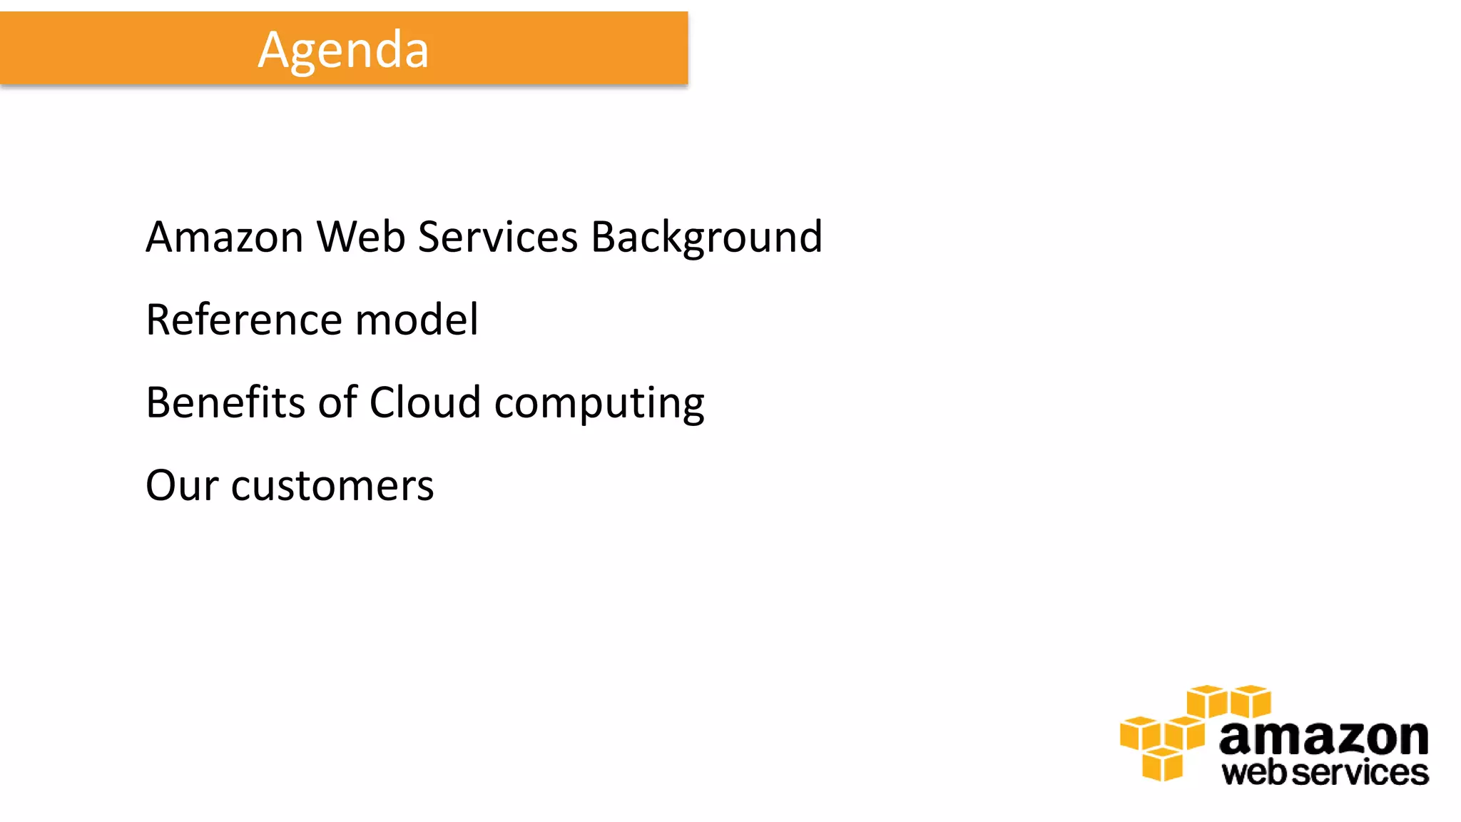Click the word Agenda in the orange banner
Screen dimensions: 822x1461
tap(343, 50)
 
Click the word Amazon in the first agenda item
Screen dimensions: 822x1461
tap(225, 237)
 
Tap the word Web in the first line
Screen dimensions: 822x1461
tap(361, 237)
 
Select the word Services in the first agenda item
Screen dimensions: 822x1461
tap(497, 237)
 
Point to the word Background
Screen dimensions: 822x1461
tap(706, 238)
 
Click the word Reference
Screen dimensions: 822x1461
tap(244, 320)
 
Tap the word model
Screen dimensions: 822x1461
tap(417, 320)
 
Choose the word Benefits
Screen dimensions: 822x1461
tap(225, 402)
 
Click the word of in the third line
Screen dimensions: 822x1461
tap(337, 402)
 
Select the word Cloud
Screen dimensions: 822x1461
tap(424, 402)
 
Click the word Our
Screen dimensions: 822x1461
tap(182, 486)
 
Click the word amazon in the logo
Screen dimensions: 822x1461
tap(1323, 738)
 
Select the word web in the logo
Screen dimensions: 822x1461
tap(1256, 773)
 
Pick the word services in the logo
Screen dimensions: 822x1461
tap(1360, 773)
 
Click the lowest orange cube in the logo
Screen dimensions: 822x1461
tap(1162, 765)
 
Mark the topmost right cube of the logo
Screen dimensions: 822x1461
tap(1251, 701)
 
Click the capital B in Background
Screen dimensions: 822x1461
tap(604, 237)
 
